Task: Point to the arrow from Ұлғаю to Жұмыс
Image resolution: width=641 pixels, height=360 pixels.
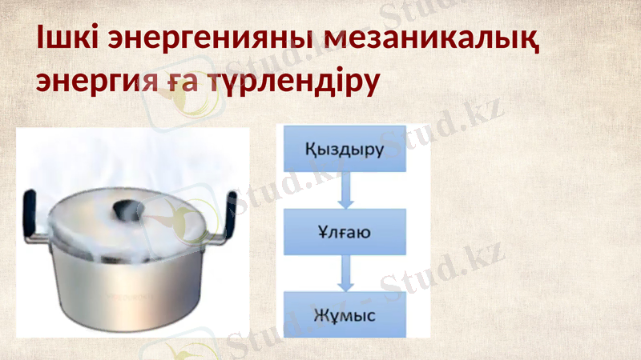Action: [345, 274]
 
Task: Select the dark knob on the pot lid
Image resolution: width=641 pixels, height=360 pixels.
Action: [127, 210]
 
